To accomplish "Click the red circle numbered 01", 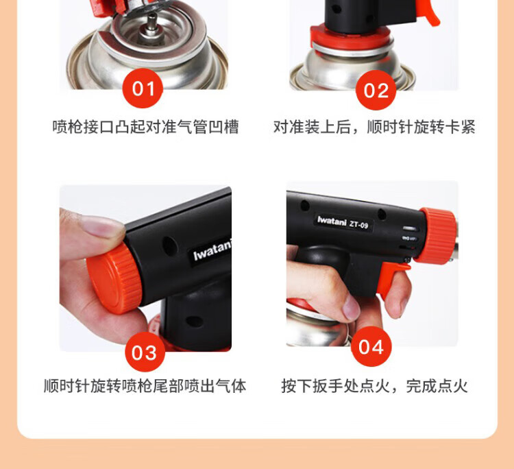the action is [x=143, y=88].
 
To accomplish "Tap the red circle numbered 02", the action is [x=376, y=90].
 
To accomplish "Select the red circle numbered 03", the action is [x=145, y=352].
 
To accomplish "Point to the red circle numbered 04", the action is [x=371, y=346].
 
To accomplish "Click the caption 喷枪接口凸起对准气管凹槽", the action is [x=146, y=127].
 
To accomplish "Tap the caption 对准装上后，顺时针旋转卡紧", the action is [x=374, y=127].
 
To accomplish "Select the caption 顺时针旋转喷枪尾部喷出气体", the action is [x=145, y=386].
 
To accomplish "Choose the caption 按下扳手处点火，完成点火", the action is [x=374, y=386].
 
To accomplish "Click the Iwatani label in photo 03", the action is [x=212, y=251].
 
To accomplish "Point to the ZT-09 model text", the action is [x=358, y=225].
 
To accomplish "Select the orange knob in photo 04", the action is [x=437, y=236].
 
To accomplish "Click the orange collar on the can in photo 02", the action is [x=351, y=38].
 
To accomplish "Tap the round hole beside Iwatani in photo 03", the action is [x=169, y=246].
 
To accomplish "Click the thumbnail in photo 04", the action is [x=352, y=307].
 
